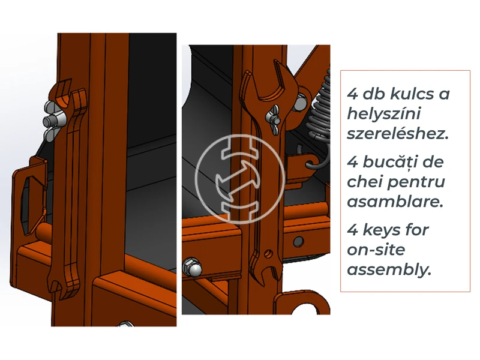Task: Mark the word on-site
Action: pyautogui.click(x=374, y=250)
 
